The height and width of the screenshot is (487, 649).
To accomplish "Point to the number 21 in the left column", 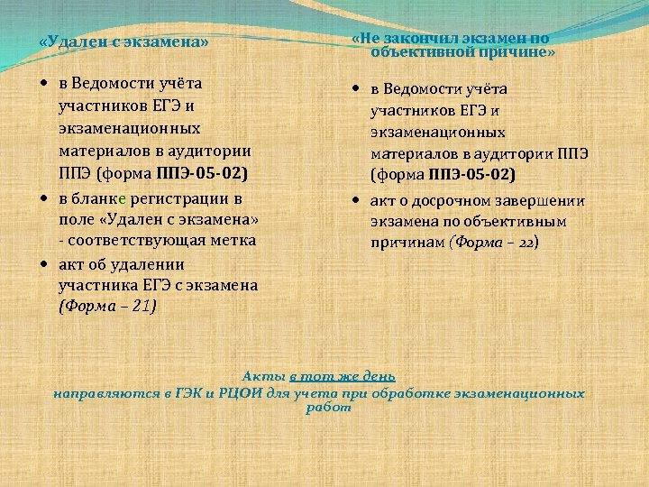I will click(142, 307).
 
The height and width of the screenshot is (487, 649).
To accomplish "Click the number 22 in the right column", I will click(526, 243).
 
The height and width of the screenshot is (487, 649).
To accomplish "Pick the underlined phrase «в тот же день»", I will click(343, 376).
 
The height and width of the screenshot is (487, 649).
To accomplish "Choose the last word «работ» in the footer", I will click(328, 408).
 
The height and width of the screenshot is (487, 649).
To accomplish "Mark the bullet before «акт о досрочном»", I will click(357, 199).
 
